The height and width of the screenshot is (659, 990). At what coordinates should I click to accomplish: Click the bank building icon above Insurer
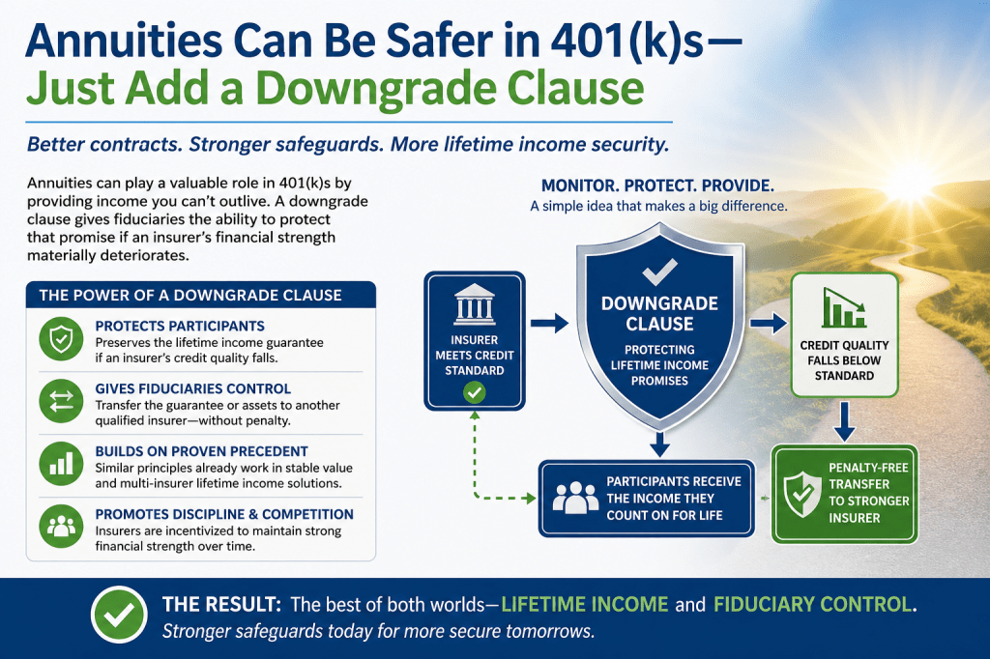(x=474, y=304)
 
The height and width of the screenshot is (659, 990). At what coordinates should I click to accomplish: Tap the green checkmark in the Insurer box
(x=474, y=392)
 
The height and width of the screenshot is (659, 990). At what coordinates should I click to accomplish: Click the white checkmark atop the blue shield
(x=659, y=272)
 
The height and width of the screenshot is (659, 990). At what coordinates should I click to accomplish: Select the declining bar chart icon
(x=844, y=308)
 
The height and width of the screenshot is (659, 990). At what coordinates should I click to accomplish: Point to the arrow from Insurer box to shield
(x=549, y=323)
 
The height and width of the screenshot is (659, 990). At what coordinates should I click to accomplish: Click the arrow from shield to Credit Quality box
(x=769, y=323)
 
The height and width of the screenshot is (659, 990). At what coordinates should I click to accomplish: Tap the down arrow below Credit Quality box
(x=844, y=421)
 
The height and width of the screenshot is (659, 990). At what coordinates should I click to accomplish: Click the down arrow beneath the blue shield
(x=659, y=444)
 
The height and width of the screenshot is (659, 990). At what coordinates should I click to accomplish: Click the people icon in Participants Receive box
(x=575, y=498)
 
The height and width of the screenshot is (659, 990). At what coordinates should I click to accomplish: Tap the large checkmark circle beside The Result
(x=119, y=615)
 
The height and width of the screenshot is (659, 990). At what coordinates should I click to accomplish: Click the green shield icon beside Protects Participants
(x=61, y=339)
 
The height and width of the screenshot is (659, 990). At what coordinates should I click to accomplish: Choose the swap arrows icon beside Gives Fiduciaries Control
(x=61, y=401)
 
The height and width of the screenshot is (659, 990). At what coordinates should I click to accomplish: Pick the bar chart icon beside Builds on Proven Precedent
(x=61, y=464)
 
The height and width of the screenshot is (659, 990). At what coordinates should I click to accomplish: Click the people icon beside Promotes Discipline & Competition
(x=61, y=527)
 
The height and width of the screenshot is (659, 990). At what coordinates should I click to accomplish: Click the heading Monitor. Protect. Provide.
(x=657, y=186)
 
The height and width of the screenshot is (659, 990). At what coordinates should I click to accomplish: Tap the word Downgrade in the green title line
(x=376, y=88)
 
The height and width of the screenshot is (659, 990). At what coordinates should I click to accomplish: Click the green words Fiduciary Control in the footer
(x=812, y=604)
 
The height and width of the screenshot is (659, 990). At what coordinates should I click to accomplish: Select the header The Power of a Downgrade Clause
(x=190, y=296)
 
